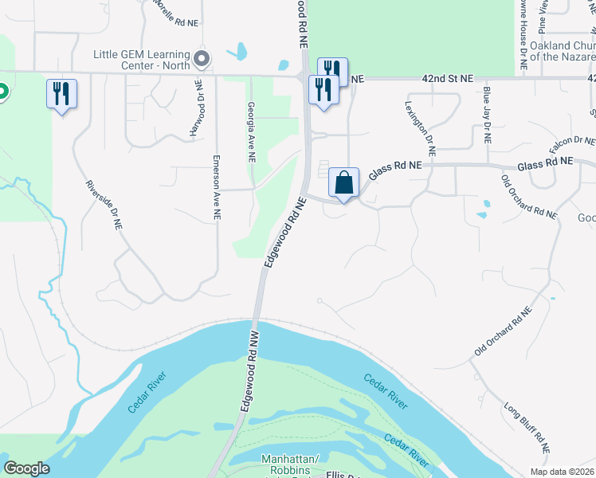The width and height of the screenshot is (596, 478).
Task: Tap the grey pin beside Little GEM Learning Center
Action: click(x=202, y=59)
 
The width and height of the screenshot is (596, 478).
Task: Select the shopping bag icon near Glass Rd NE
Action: click(x=343, y=183)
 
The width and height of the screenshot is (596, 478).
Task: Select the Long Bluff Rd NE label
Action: click(x=527, y=428)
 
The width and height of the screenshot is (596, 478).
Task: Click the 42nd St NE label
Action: click(x=448, y=79)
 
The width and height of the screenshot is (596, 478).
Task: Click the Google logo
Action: click(x=26, y=468)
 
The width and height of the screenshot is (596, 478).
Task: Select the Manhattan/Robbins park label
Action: click(x=292, y=466)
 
